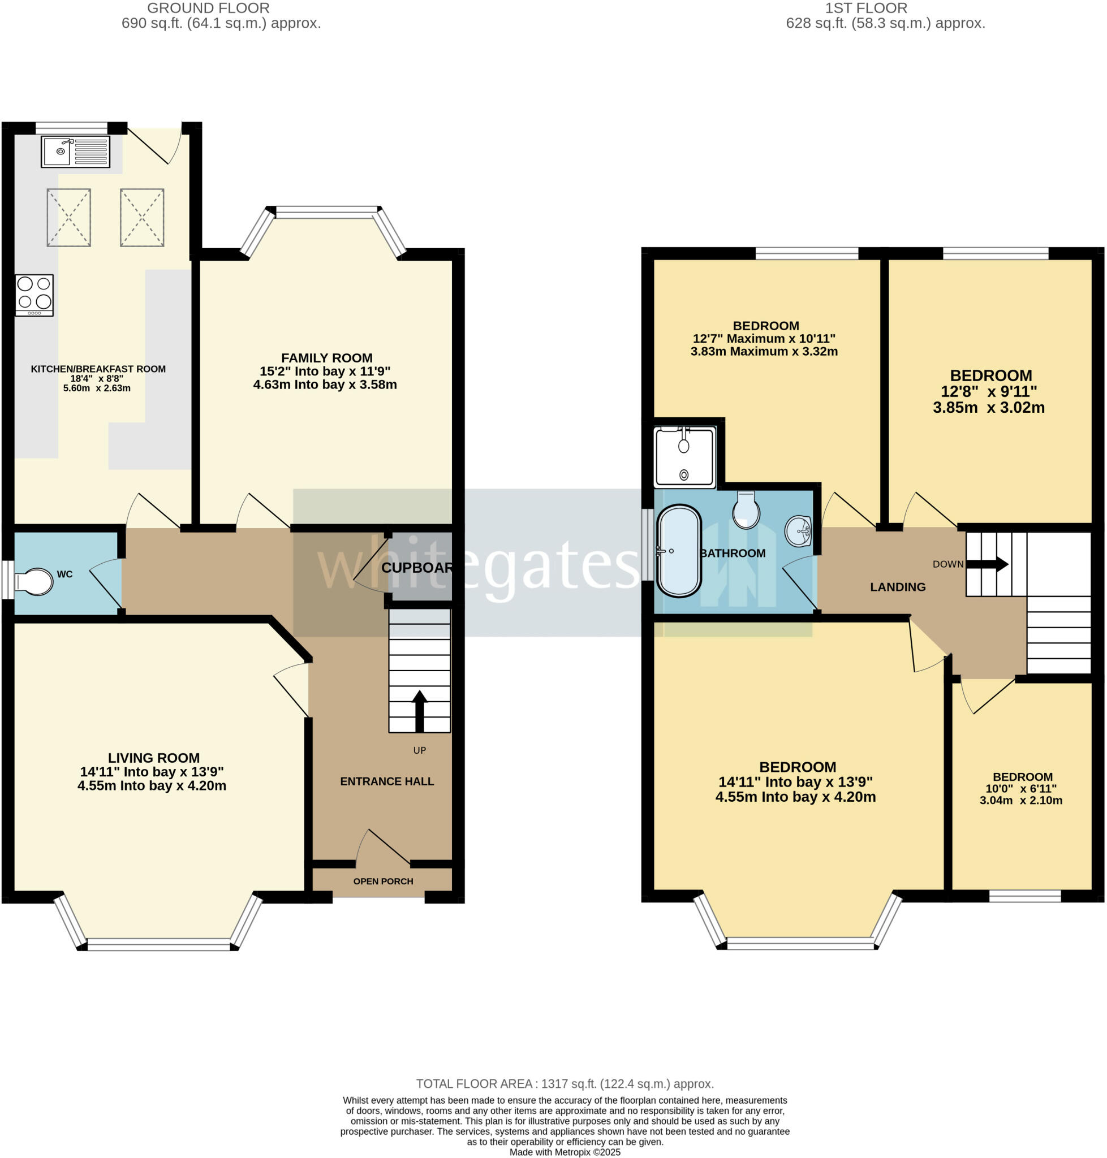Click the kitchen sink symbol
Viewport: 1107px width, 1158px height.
(75, 152)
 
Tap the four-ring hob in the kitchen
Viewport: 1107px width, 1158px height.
(35, 295)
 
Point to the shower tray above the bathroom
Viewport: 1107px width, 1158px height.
(684, 457)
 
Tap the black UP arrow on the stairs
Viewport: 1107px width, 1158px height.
(419, 710)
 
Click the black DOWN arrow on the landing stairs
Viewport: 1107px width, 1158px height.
(987, 564)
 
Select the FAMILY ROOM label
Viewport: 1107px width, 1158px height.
(326, 358)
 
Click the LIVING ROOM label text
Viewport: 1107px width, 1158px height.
(153, 758)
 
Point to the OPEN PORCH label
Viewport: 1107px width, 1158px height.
(383, 882)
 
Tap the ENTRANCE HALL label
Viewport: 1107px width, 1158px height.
(386, 781)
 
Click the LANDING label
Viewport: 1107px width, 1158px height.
(898, 587)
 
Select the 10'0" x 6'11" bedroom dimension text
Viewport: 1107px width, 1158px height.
(1021, 789)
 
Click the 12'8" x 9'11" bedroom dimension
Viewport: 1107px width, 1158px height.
(989, 392)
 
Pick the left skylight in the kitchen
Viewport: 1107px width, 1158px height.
(69, 218)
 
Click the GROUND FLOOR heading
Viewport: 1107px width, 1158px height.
(208, 8)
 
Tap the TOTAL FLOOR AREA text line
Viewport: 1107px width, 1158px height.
(565, 1084)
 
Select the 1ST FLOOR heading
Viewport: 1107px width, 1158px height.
(865, 8)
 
